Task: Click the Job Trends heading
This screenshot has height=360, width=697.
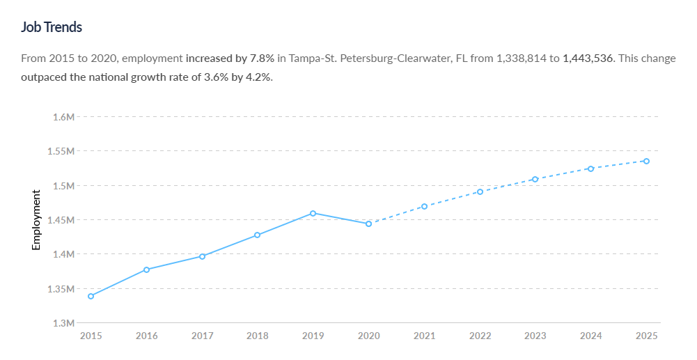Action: point(52,27)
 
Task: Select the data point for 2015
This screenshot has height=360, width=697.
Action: point(91,296)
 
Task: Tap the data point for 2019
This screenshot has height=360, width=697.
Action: point(313,213)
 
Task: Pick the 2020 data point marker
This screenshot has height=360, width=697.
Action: point(368,224)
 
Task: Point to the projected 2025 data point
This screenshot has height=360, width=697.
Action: point(646,161)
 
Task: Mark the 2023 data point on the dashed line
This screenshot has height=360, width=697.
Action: point(535,179)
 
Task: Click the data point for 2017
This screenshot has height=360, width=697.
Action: point(202,256)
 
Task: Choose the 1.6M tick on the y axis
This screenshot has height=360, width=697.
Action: point(63,117)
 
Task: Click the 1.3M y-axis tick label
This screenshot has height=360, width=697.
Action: point(63,323)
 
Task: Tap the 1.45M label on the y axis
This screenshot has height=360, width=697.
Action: point(61,220)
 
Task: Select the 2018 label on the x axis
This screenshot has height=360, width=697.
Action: point(258,336)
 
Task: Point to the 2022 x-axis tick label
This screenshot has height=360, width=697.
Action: point(480,336)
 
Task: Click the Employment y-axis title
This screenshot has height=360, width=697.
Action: point(37,220)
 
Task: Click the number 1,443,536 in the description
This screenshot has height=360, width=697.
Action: point(588,58)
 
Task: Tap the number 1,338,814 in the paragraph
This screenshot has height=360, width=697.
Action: point(522,58)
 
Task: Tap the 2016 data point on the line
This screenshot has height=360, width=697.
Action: point(146,269)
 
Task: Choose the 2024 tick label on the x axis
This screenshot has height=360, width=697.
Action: point(590,336)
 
